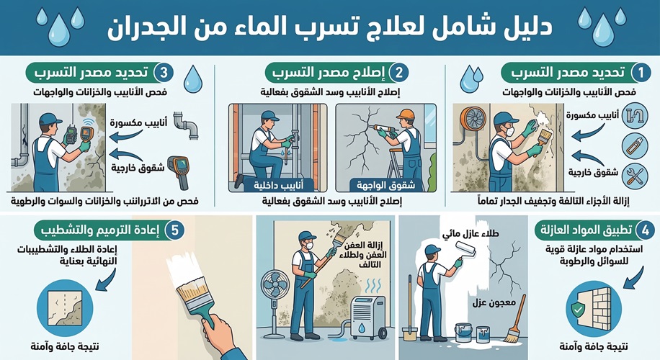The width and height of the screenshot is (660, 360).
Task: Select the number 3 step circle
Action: [x=164, y=73]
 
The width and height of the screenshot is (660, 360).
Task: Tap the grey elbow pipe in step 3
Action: [x=187, y=128]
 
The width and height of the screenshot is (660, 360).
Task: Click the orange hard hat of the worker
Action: [x=406, y=114]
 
